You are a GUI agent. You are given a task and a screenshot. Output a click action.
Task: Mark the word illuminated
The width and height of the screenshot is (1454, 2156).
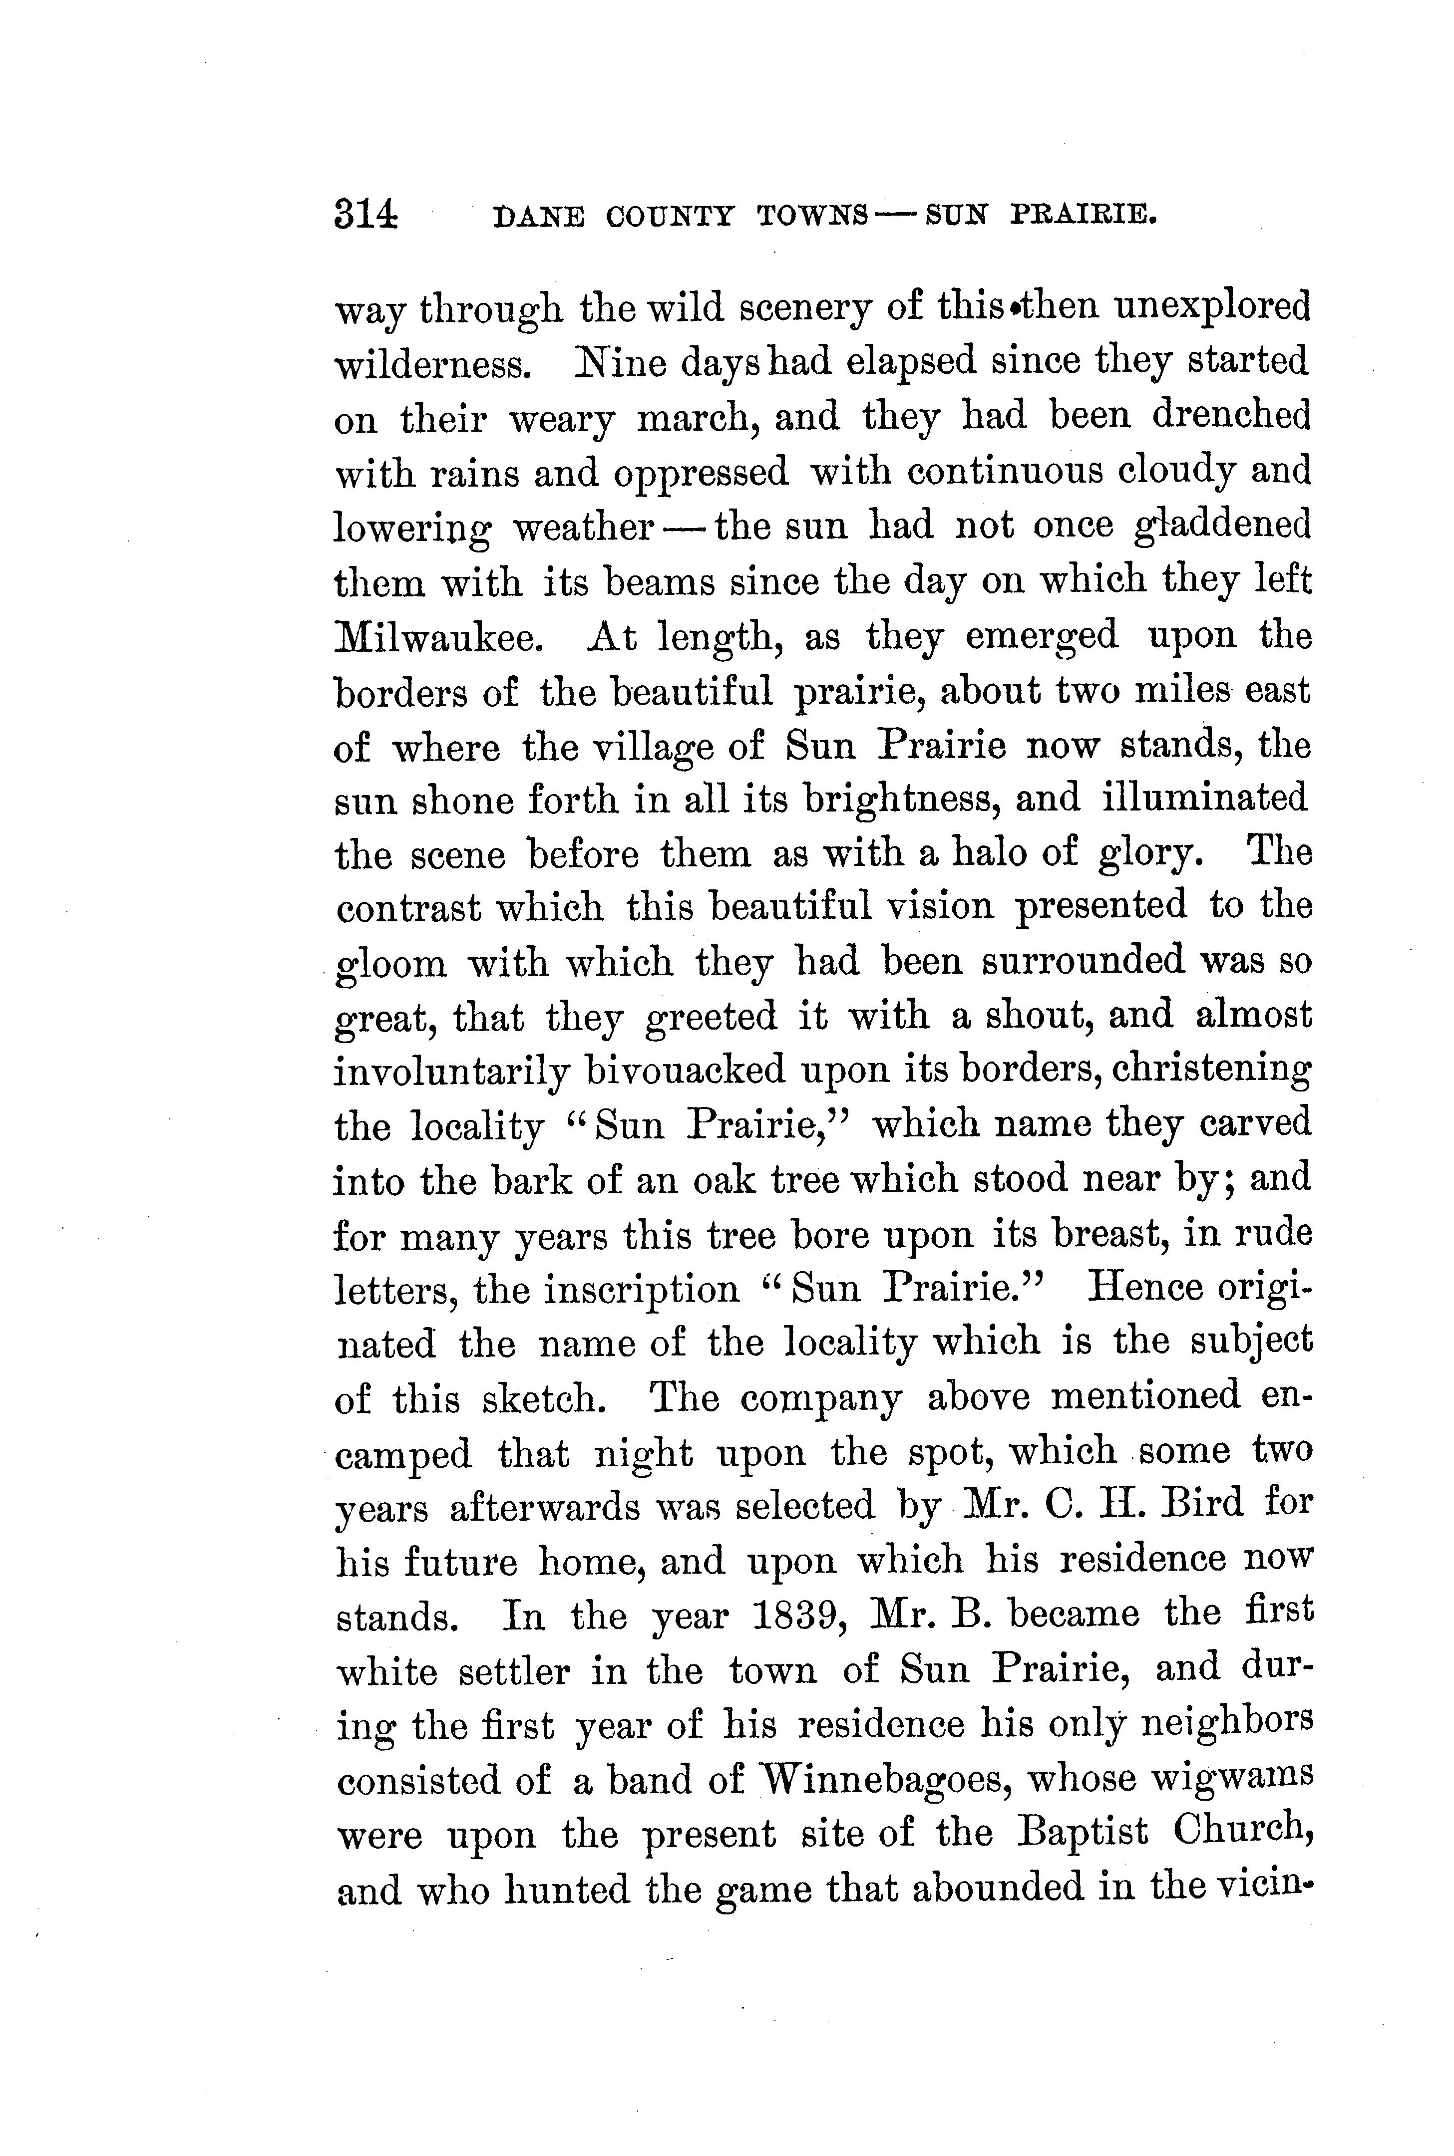1204,798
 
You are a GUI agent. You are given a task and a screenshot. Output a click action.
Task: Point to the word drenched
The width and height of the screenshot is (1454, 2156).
1231,416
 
